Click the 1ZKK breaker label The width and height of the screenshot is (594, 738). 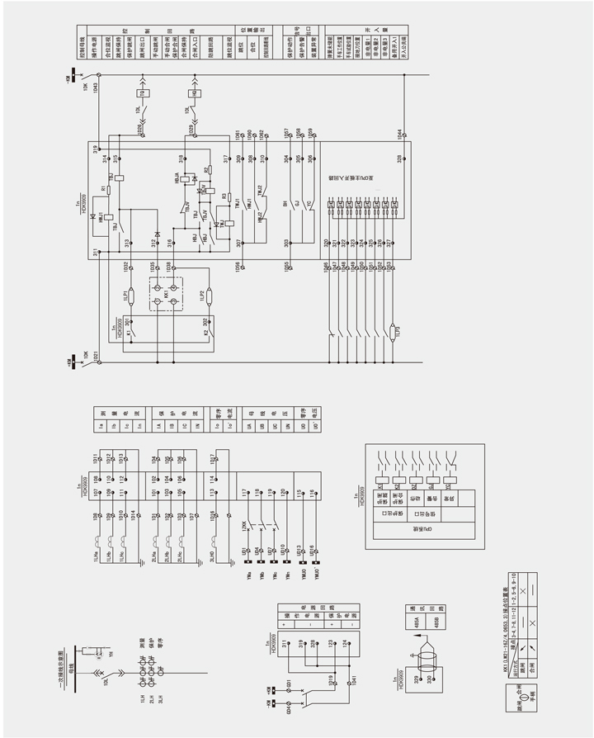[245, 525]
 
